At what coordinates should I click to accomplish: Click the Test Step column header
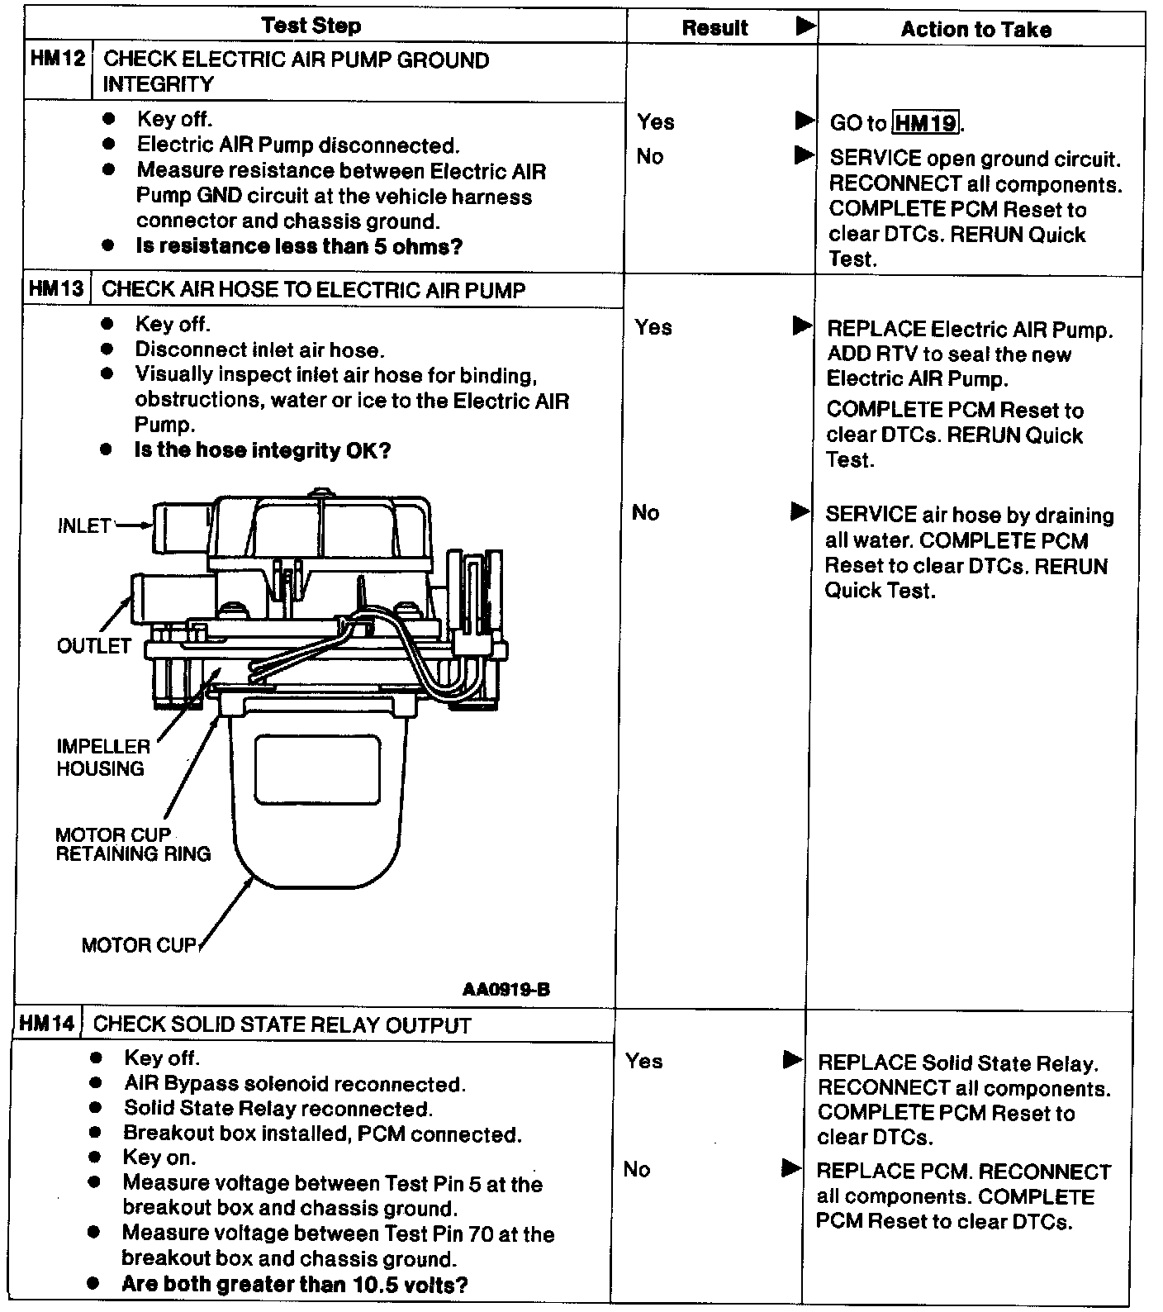click(x=311, y=26)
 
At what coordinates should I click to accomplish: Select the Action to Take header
click(x=975, y=30)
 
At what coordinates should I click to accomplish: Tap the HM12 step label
click(x=57, y=59)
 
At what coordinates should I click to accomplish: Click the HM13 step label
click(x=56, y=289)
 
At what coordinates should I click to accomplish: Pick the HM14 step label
click(x=46, y=1024)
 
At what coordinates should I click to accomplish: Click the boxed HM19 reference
click(x=925, y=124)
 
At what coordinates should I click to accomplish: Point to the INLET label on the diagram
click(x=84, y=525)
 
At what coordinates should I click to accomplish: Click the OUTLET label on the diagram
click(x=94, y=645)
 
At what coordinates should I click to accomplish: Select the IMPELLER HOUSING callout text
click(x=102, y=757)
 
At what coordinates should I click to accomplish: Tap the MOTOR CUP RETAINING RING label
click(x=132, y=844)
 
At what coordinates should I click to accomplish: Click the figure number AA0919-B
click(x=506, y=989)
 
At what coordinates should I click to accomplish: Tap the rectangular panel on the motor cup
click(x=318, y=769)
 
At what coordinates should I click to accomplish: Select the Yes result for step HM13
click(x=653, y=327)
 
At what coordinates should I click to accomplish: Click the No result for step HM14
click(x=637, y=1169)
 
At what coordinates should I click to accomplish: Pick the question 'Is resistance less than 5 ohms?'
click(x=299, y=246)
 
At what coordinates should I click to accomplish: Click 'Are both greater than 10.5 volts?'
click(x=295, y=1284)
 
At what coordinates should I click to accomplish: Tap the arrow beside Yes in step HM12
click(x=804, y=121)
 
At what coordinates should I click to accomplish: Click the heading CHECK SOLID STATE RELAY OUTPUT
click(x=282, y=1025)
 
